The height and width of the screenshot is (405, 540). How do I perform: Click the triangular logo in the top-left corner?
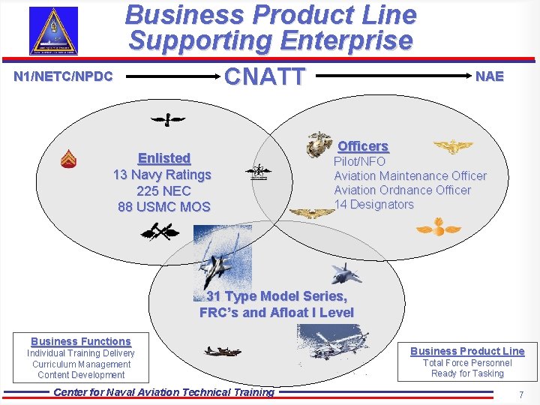tap(52, 31)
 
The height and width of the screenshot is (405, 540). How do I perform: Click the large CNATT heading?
tap(265, 76)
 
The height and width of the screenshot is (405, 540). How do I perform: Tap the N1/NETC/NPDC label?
tap(63, 76)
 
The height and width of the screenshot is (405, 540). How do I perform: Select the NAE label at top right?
tap(489, 76)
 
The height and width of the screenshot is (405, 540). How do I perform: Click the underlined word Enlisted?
tap(164, 158)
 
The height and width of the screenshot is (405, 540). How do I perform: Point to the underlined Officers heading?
tap(363, 146)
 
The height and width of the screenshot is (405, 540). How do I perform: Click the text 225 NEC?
tap(163, 190)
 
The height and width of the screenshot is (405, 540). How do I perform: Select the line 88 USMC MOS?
tap(164, 206)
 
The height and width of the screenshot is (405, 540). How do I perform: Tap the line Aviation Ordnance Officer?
tap(402, 190)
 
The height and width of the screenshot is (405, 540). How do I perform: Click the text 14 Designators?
tap(373, 204)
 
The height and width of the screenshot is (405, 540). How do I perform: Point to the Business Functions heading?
tap(81, 341)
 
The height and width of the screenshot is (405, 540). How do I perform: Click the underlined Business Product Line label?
tap(467, 351)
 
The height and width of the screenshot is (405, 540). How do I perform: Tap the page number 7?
tap(520, 394)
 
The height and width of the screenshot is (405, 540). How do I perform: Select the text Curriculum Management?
tap(81, 364)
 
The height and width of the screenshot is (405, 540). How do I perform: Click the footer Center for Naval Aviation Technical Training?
tap(163, 392)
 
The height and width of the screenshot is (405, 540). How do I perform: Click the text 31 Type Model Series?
tap(277, 296)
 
